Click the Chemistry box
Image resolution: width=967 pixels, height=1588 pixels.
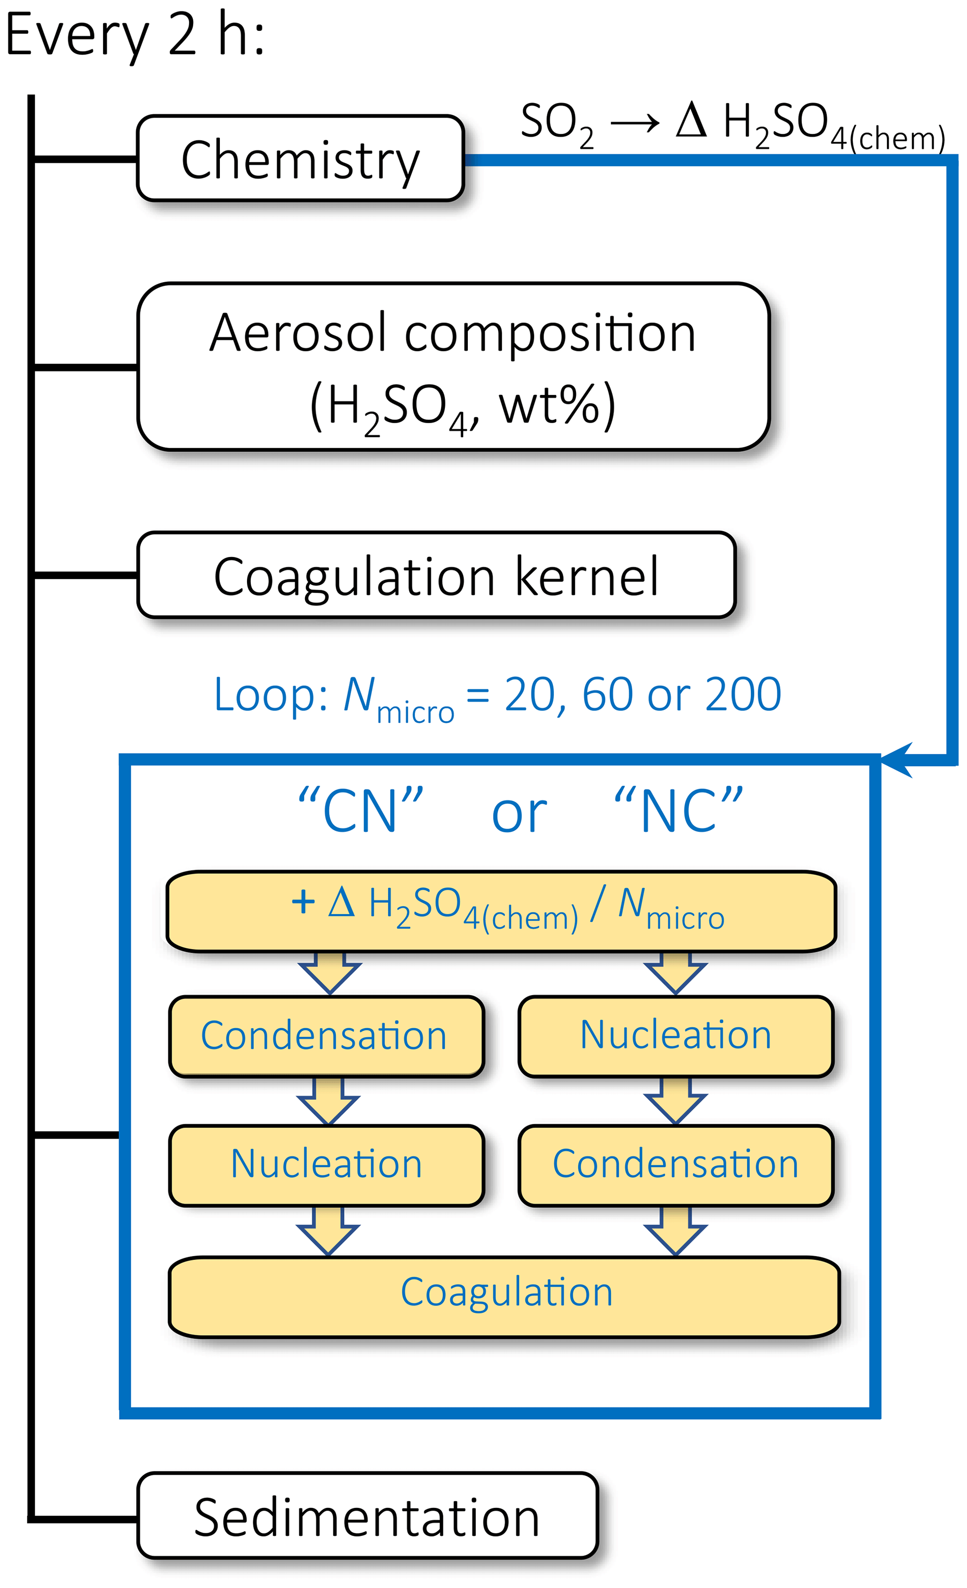click(x=300, y=159)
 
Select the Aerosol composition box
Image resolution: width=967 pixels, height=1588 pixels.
click(x=453, y=367)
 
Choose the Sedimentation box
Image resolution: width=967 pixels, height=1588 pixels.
click(x=367, y=1518)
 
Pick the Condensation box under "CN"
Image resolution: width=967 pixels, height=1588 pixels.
click(x=326, y=1036)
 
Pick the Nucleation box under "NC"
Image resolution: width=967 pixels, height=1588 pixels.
click(x=676, y=1036)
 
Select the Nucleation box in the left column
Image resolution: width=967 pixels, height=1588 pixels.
click(x=326, y=1164)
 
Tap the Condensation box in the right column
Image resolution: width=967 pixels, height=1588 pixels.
click(x=676, y=1164)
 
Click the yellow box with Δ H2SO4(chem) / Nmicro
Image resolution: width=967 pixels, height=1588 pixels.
click(x=501, y=911)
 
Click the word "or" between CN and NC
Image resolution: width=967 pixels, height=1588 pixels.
click(x=519, y=813)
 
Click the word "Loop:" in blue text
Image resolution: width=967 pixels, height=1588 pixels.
click(x=270, y=695)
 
